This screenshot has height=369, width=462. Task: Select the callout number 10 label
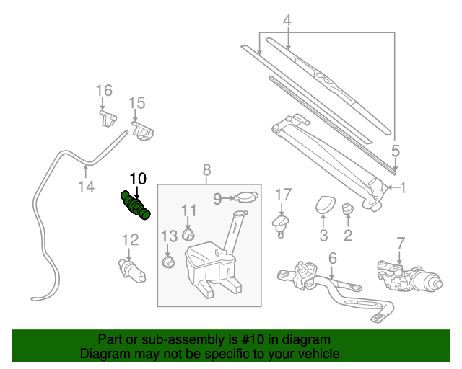[x=137, y=178]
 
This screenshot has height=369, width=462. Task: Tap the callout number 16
[x=104, y=90]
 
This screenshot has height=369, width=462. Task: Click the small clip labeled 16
[x=108, y=117]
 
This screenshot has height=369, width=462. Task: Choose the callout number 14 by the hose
[x=86, y=187]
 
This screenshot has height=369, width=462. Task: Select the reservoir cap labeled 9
[x=246, y=197]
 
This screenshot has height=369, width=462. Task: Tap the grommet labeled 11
[x=190, y=234]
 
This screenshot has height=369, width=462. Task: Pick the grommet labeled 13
[x=170, y=262]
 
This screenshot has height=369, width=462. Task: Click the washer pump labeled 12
[x=131, y=271]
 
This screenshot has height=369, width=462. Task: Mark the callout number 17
[x=283, y=193]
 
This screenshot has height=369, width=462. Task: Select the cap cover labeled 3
[x=323, y=205]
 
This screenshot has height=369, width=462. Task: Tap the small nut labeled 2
[x=347, y=210]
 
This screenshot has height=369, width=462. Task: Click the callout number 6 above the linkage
[x=332, y=257]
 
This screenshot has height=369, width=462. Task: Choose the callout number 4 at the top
[x=287, y=21]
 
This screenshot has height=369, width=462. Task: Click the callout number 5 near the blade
[x=395, y=151]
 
